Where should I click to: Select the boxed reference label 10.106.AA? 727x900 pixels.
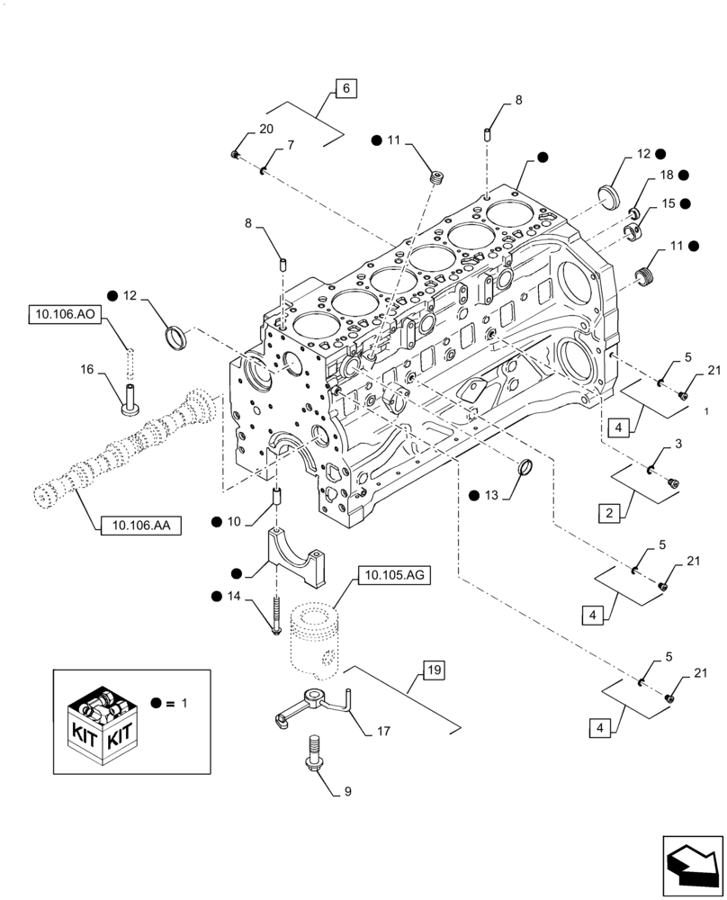tap(136, 526)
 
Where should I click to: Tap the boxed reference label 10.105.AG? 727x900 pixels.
tap(395, 576)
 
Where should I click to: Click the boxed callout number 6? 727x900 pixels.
tap(346, 88)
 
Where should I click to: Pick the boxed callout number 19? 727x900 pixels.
tap(433, 670)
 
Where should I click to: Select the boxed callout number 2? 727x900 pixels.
tap(610, 514)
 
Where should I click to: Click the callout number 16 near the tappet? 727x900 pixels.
tap(86, 369)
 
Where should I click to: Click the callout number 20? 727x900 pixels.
tap(265, 130)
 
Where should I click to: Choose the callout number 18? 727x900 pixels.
tap(667, 175)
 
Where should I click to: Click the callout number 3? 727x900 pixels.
tap(677, 444)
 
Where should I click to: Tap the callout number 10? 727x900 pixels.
tap(234, 521)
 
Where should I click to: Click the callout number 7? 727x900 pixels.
tap(290, 145)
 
